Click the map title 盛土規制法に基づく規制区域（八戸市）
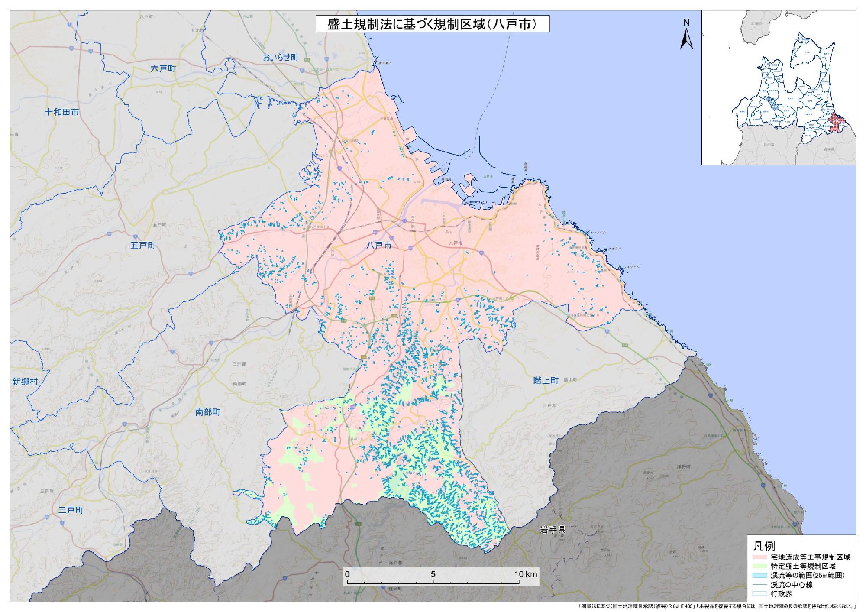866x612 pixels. (x=433, y=24)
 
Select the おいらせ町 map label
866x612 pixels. (x=281, y=58)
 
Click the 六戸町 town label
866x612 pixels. (x=163, y=68)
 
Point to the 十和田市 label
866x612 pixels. (x=62, y=112)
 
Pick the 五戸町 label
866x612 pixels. (x=142, y=246)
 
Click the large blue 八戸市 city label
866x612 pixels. (x=379, y=245)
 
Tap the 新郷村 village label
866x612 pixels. (x=25, y=382)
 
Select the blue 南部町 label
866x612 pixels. (x=208, y=412)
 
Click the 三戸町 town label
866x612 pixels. (x=71, y=510)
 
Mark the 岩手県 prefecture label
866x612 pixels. (x=553, y=529)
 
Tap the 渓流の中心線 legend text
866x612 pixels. (x=791, y=585)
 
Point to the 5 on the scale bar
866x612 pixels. (x=433, y=574)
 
